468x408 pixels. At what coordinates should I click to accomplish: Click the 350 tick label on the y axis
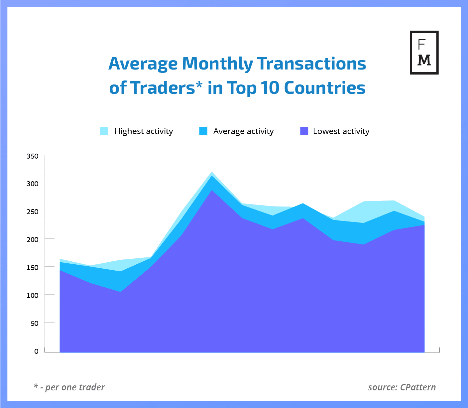click(x=33, y=156)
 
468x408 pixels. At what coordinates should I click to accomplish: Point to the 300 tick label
click(x=33, y=184)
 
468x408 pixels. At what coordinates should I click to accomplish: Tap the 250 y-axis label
click(x=33, y=211)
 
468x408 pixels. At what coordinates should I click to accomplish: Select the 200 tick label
click(x=33, y=239)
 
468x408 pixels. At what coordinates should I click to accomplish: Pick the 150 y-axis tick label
click(x=33, y=267)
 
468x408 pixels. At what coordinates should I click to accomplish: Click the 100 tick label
click(x=33, y=295)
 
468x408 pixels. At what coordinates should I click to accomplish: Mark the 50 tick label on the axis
click(x=34, y=323)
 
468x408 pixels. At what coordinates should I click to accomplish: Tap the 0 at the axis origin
click(x=36, y=351)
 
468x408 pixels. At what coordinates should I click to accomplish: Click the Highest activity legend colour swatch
click(x=104, y=131)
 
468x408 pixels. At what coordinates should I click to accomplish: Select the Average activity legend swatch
click(x=203, y=131)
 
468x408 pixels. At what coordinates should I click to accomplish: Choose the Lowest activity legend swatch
click(x=304, y=131)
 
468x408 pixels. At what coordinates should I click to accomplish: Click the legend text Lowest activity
click(x=341, y=131)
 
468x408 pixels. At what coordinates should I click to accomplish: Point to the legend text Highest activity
click(x=144, y=131)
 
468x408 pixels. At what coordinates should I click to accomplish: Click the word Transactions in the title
click(x=311, y=64)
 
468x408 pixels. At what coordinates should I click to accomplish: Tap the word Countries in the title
click(x=324, y=88)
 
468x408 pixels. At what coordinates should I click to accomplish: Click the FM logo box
click(x=424, y=53)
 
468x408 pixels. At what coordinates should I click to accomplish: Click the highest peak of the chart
click(x=211, y=172)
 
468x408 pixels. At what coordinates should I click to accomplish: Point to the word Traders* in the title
click(x=166, y=88)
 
